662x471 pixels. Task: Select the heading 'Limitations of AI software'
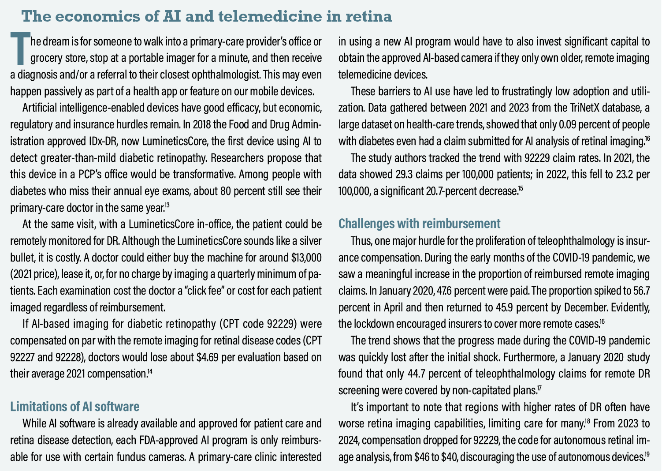pyautogui.click(x=75, y=406)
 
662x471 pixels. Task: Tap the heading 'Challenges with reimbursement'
pyautogui.click(x=419, y=223)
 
